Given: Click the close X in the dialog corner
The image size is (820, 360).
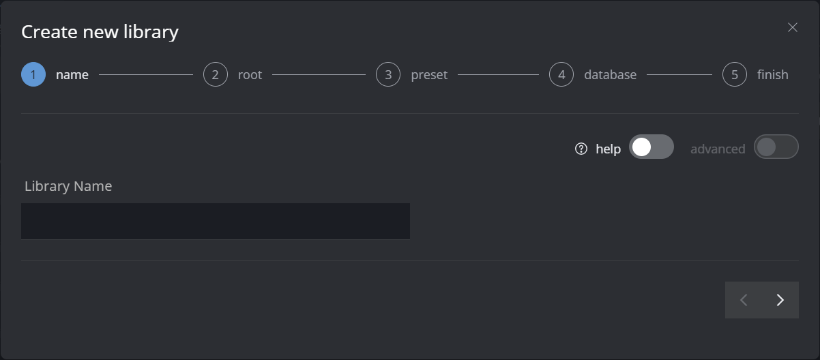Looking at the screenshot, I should [x=792, y=27].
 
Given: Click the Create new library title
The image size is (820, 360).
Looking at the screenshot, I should [x=100, y=31].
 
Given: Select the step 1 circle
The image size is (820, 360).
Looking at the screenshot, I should [x=33, y=74].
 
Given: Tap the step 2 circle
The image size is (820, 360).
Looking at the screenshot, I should [x=215, y=74].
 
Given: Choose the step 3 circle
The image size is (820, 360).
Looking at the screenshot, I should [x=388, y=74].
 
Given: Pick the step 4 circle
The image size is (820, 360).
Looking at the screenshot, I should [x=561, y=74].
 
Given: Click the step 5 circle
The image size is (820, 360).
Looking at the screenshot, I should [x=735, y=74].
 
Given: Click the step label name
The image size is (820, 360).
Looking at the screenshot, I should [x=72, y=75].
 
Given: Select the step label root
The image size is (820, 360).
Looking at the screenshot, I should [x=250, y=75].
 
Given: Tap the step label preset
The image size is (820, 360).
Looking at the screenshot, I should [x=429, y=75].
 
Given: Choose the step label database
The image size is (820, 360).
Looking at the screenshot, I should [x=610, y=75].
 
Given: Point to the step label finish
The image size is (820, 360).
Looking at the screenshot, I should [x=772, y=75].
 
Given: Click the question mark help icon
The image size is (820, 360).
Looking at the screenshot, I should [x=581, y=149].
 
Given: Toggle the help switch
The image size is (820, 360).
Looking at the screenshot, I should [x=651, y=147].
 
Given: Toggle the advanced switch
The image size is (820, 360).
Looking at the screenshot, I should [x=776, y=147].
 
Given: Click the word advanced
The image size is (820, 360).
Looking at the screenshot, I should [x=718, y=149].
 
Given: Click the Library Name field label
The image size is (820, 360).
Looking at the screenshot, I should [x=68, y=186].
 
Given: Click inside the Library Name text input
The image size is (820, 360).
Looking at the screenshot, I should [x=215, y=221].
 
